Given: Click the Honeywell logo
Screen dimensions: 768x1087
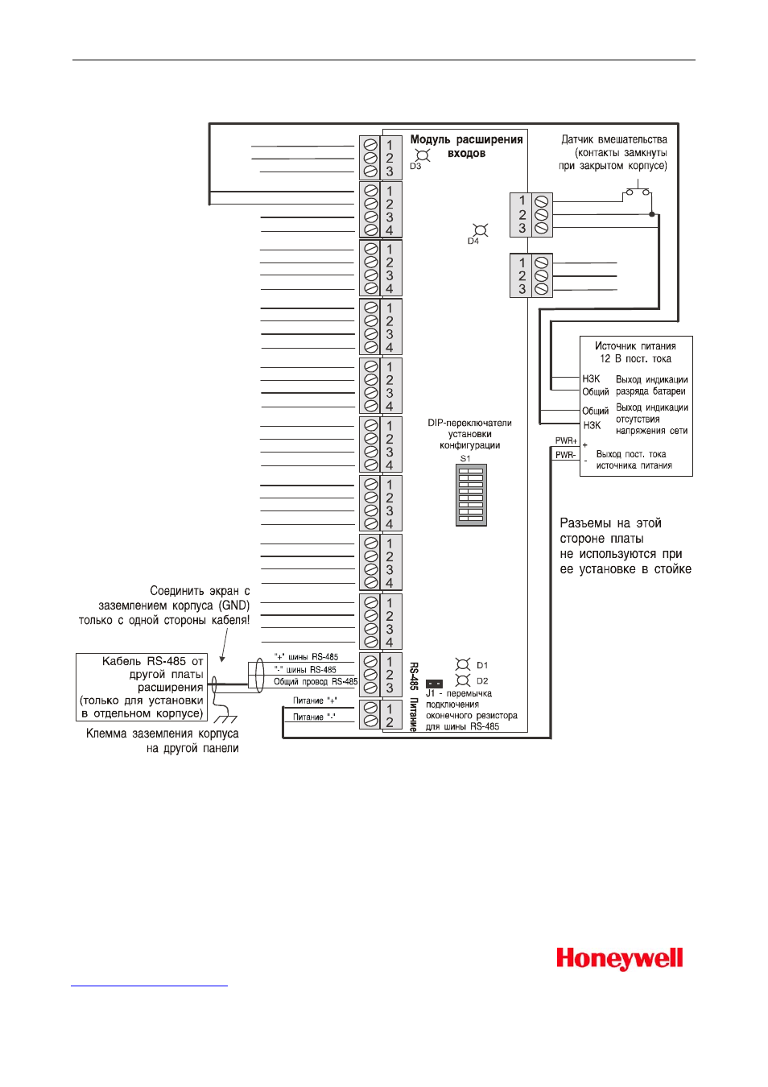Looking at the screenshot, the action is [x=619, y=959].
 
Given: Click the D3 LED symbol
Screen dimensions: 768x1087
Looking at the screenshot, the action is [x=423, y=155].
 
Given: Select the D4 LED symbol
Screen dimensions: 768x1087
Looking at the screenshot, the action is [x=481, y=230].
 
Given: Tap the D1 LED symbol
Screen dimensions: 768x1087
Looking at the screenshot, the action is [x=463, y=664].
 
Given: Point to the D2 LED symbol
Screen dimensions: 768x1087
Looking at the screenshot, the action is [x=463, y=680].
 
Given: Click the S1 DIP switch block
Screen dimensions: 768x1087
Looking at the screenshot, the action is [x=471, y=495].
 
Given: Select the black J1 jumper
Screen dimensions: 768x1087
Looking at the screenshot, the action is [x=434, y=684].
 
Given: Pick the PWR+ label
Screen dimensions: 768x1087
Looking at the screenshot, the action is [x=566, y=440].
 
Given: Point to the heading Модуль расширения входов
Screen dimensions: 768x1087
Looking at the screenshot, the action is [x=466, y=146].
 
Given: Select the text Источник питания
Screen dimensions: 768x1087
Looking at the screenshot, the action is [x=635, y=346].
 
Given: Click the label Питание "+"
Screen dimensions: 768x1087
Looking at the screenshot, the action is [x=315, y=701].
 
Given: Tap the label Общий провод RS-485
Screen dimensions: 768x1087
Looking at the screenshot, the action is [x=316, y=681].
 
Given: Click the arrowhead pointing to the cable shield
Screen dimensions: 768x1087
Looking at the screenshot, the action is [x=222, y=659].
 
